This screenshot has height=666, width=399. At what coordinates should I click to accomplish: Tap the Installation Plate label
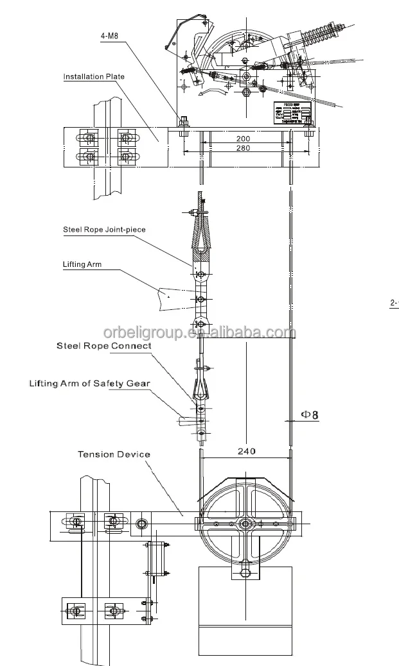click(93, 77)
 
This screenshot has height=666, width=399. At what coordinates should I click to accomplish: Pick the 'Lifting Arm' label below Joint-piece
click(82, 264)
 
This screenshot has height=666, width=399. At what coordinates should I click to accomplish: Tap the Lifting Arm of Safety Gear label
click(89, 384)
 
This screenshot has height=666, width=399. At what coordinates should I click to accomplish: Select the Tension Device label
click(114, 454)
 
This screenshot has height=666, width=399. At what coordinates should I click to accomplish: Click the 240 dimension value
click(246, 451)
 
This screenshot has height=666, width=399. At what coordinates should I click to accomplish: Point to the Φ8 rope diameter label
click(309, 414)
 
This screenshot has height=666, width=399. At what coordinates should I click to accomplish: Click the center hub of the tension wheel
click(245, 524)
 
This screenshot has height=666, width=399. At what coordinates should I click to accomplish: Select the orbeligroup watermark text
click(199, 332)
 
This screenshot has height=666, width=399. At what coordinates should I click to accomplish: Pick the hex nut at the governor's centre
click(245, 92)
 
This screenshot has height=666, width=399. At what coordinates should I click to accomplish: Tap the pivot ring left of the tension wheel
click(141, 524)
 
